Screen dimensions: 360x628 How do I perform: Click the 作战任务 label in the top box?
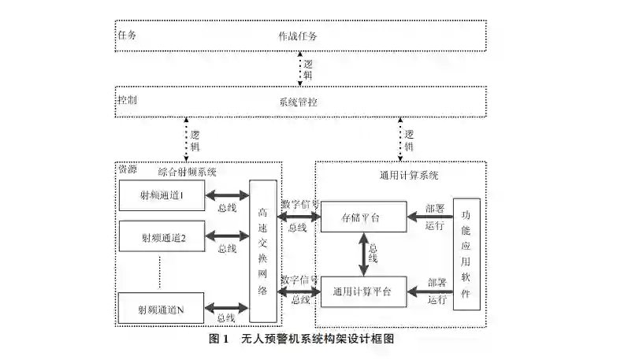298,36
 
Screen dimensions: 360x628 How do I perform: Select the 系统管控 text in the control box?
298,101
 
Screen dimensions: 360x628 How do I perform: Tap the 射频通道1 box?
162,195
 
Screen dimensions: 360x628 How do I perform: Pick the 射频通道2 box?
162,236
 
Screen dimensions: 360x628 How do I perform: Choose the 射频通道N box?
162,308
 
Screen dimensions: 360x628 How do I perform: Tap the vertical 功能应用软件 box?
466,252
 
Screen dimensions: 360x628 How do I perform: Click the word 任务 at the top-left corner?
127,36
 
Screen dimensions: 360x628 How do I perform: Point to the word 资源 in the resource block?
127,169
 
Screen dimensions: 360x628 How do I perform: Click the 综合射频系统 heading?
188,171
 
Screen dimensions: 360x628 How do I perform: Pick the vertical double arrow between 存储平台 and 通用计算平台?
363,254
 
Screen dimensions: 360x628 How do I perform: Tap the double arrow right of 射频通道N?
227,308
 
